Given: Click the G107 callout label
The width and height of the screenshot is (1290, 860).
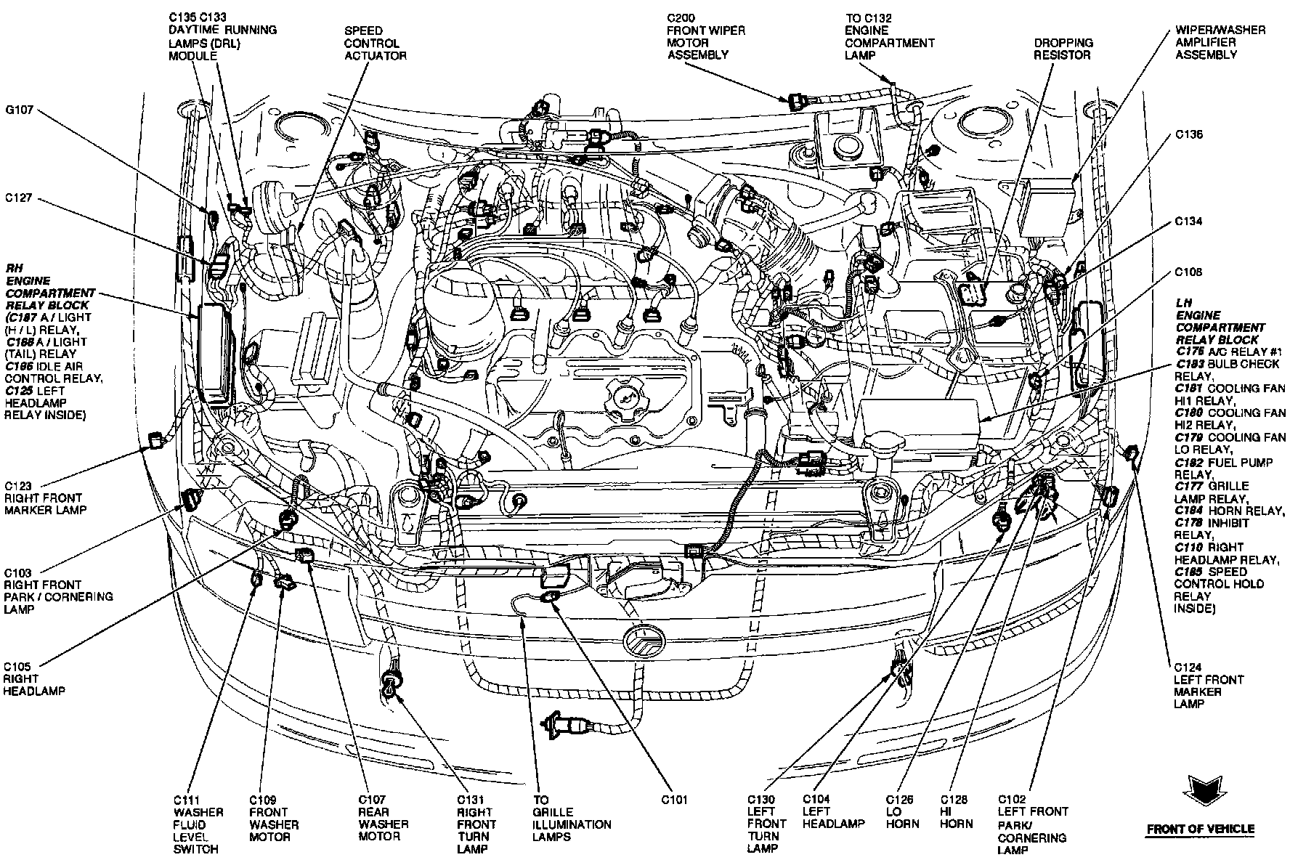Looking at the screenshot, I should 19,111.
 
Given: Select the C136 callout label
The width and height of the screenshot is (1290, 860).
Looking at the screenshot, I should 1189,134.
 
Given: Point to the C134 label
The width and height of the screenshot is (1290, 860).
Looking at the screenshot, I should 1189,221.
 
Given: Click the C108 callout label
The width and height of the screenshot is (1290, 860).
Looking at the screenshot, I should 1189,272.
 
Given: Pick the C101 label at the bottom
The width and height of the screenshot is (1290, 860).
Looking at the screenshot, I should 674,800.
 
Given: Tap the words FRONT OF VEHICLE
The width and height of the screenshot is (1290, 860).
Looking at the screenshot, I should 1200,829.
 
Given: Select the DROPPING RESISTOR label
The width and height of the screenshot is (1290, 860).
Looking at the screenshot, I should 1063,49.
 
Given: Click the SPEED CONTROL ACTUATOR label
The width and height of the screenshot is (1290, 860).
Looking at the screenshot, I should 375,43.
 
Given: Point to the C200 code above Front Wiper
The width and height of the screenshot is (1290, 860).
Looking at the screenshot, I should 682,18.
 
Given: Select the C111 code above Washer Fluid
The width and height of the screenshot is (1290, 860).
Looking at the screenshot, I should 188,800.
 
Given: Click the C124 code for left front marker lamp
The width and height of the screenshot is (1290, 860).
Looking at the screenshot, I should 1188,667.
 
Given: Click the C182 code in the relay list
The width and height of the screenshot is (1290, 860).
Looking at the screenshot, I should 1189,462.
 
